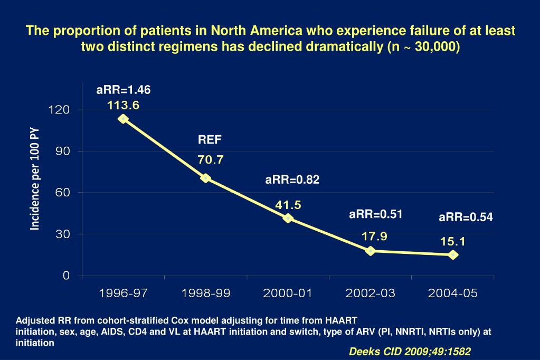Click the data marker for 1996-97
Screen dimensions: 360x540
pyautogui.click(x=123, y=119)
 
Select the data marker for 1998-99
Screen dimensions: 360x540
pyautogui.click(x=206, y=178)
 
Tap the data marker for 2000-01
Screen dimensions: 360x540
pyautogui.click(x=288, y=218)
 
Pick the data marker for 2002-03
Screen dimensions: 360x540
pyautogui.click(x=371, y=251)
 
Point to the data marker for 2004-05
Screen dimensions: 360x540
pyautogui.click(x=453, y=254)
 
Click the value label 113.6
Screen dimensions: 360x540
pyautogui.click(x=123, y=106)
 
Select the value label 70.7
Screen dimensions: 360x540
pyautogui.click(x=211, y=159)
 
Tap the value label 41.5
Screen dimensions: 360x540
pyautogui.click(x=288, y=205)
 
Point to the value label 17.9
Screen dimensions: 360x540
pyautogui.click(x=375, y=236)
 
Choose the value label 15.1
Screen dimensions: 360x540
pyautogui.click(x=453, y=241)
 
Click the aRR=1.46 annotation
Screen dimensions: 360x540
pyautogui.click(x=124, y=90)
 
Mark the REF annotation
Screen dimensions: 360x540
pyautogui.click(x=210, y=140)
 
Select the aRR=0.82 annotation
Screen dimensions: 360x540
pyautogui.click(x=292, y=180)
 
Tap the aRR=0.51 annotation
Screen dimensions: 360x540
pyautogui.click(x=376, y=214)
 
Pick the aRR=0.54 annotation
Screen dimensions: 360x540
pyautogui.click(x=466, y=217)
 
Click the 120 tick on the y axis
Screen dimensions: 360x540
pyautogui.click(x=59, y=110)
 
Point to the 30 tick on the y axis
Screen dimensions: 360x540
pyautogui.click(x=62, y=234)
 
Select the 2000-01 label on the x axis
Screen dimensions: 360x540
pyautogui.click(x=288, y=293)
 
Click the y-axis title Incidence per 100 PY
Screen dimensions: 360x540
pyautogui.click(x=35, y=178)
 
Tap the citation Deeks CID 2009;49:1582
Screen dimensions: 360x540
pyautogui.click(x=410, y=352)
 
